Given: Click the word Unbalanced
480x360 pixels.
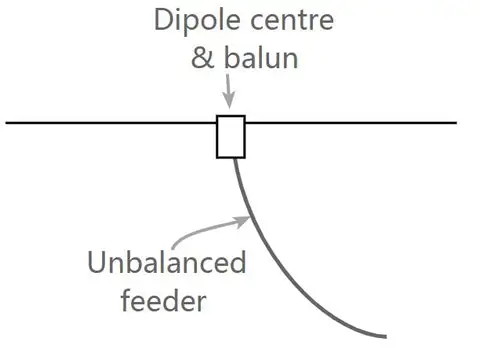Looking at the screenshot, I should tap(166, 264).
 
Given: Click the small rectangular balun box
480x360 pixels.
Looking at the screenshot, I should tap(230, 137).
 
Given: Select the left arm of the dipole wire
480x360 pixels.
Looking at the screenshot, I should tap(110, 123).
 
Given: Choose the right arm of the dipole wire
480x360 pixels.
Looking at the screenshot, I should tap(350, 123).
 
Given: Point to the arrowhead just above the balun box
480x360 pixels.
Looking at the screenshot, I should tap(229, 102).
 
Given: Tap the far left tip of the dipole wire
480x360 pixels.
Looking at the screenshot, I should tap(7, 123).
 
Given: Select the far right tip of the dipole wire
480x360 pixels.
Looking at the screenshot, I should tap(456, 123).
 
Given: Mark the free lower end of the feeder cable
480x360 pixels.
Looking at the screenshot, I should tap(384, 335).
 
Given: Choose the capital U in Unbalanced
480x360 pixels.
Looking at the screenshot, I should tap(97, 264).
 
